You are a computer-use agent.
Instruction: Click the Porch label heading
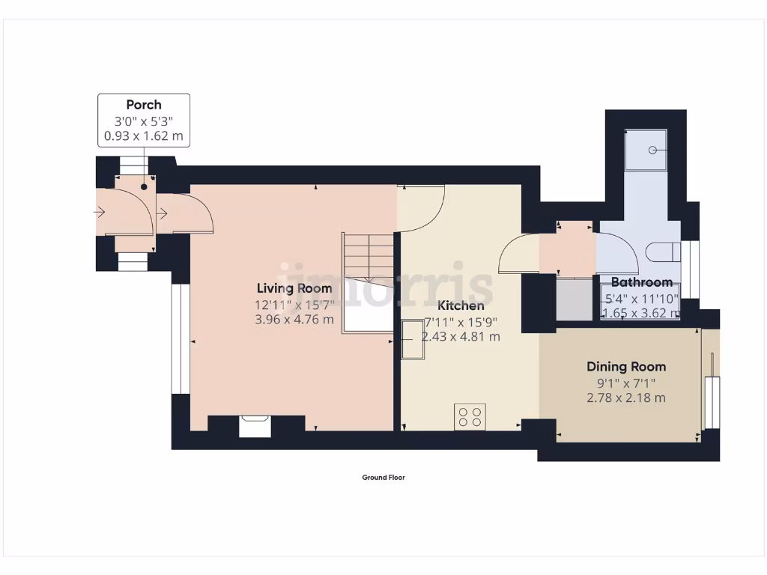click(143, 105)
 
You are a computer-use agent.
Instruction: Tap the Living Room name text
click(294, 288)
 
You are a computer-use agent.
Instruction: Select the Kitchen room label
click(461, 305)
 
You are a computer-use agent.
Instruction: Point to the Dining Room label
click(625, 367)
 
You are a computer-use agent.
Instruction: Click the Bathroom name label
click(641, 282)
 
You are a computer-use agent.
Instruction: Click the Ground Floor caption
click(383, 478)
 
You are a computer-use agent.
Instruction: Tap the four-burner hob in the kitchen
click(470, 416)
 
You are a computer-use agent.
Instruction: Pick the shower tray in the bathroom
click(645, 149)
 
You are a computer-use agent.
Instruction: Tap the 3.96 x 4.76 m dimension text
click(294, 320)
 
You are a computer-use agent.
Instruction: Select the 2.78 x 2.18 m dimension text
click(625, 398)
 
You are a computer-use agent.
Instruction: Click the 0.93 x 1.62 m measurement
click(143, 136)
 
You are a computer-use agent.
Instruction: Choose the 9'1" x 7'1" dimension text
click(625, 383)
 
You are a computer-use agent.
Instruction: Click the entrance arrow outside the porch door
click(100, 213)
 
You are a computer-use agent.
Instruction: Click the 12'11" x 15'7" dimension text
click(294, 305)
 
